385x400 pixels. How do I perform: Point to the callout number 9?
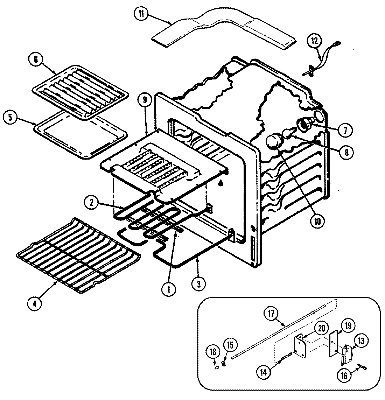coord(143,99)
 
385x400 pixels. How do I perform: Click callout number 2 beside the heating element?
coord(92,203)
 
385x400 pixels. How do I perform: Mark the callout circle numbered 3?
coord(198,284)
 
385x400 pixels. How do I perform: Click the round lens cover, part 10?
coord(274,142)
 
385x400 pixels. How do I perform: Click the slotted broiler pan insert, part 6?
coord(75,89)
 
